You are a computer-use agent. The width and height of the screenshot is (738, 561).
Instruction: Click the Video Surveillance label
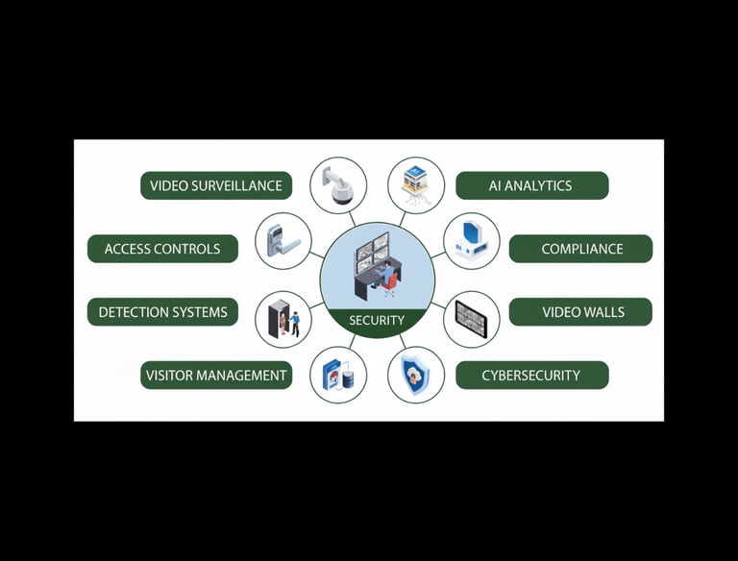pos(216,185)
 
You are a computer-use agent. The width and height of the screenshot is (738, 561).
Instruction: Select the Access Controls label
pos(162,249)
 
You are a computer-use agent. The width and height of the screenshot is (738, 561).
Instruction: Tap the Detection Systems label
pos(162,312)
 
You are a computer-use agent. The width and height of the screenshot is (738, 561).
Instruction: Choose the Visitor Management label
pos(216,375)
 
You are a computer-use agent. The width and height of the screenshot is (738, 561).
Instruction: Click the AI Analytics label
pos(530,185)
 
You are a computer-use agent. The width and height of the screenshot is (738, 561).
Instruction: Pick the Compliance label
pos(581,249)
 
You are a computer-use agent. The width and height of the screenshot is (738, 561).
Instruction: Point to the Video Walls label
pos(582,312)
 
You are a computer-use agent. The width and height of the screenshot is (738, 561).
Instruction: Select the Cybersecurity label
pos(530,375)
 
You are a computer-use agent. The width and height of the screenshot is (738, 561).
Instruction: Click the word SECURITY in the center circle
pos(377,320)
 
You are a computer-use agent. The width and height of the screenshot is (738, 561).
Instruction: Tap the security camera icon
pos(338,185)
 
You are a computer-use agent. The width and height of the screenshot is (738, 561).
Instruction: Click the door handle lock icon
pos(283,241)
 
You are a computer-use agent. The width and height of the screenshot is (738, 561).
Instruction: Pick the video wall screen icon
pos(472,320)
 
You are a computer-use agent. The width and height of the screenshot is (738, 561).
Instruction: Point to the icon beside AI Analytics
pos(416,185)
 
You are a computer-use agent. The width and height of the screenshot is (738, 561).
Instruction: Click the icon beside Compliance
pos(472,241)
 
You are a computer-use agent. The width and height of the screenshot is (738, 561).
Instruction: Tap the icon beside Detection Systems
pos(283,320)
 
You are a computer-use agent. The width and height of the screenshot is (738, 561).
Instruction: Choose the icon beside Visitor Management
pos(338,375)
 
